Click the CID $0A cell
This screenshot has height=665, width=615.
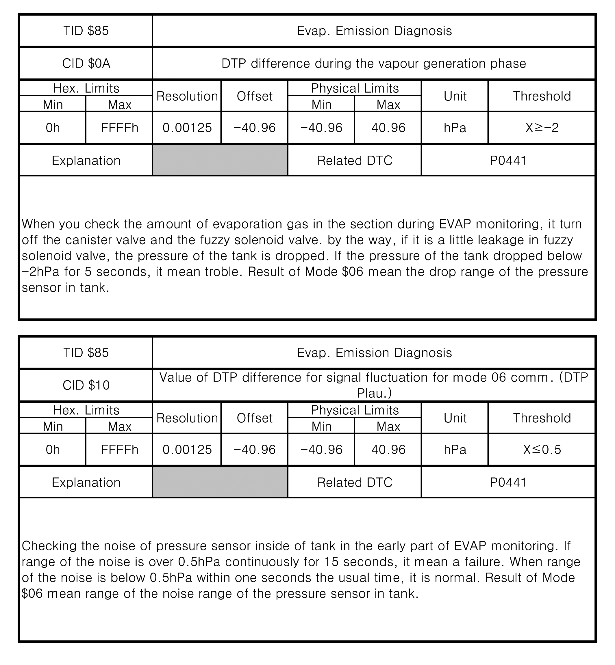(86, 63)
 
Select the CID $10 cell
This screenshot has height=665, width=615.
(86, 385)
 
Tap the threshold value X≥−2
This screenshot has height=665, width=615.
(542, 128)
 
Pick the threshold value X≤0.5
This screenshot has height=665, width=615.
(542, 450)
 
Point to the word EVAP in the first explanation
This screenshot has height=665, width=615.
(455, 224)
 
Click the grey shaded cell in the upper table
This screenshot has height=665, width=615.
(220, 160)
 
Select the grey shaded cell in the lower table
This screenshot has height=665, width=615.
(220, 482)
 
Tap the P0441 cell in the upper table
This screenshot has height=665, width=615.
(508, 161)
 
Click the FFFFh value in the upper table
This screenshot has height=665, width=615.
(119, 128)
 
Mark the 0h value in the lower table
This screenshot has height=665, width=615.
(53, 450)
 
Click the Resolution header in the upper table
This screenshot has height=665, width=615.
(187, 96)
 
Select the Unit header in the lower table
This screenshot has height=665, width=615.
(455, 418)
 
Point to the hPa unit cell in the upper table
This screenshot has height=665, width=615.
(455, 128)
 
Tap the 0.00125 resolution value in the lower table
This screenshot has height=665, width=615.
(187, 450)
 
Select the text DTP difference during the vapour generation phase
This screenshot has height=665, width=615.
(374, 63)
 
